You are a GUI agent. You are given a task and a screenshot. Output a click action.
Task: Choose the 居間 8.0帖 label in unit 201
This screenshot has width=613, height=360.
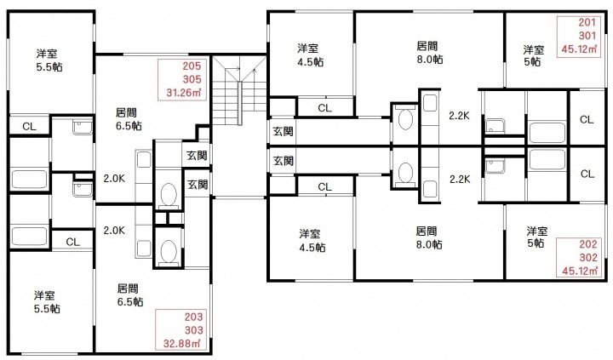pyautogui.click(x=427, y=53)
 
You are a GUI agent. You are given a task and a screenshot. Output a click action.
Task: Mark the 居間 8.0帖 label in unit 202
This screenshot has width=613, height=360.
pyautogui.click(x=427, y=237)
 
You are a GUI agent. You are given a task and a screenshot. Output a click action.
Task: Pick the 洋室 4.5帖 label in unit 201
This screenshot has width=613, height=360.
pyautogui.click(x=309, y=55)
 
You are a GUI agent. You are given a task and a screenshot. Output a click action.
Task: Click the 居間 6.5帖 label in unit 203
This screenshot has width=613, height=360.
pyautogui.click(x=130, y=294)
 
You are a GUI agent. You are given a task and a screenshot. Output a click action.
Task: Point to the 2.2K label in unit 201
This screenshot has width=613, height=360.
pyautogui.click(x=460, y=116)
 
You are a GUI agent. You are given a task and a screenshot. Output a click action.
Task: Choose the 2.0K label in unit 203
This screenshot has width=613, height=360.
pyautogui.click(x=115, y=230)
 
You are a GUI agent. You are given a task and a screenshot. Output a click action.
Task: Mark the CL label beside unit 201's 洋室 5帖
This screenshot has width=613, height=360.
pyautogui.click(x=587, y=119)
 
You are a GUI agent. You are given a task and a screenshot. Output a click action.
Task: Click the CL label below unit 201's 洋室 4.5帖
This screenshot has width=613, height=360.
pyautogui.click(x=324, y=108)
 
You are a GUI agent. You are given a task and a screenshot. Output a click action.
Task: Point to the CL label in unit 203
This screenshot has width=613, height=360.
pyautogui.click(x=72, y=242)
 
